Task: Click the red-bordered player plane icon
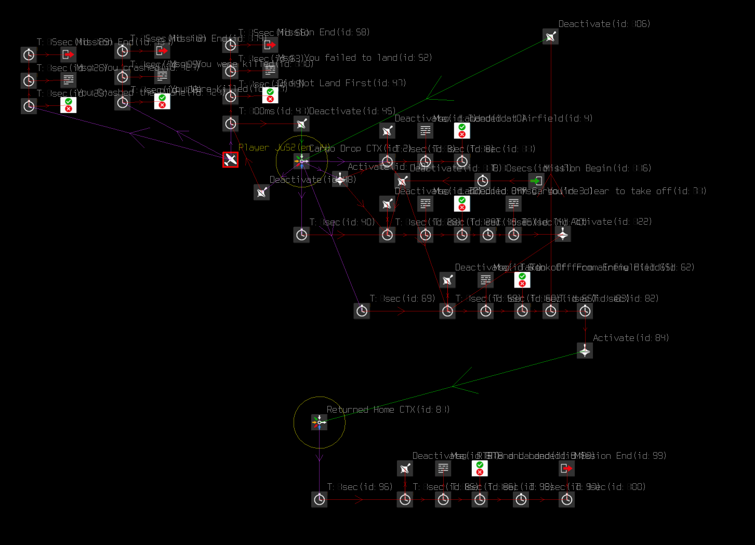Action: (x=230, y=159)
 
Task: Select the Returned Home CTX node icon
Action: (x=319, y=423)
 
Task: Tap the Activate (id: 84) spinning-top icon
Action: (x=585, y=351)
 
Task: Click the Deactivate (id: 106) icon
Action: (x=550, y=36)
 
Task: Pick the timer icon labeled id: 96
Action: (x=319, y=499)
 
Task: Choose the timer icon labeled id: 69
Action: (x=362, y=311)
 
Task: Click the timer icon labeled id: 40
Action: (x=301, y=235)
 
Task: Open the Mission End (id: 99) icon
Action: (x=566, y=468)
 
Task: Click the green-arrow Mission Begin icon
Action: (x=536, y=181)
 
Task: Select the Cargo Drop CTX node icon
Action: (x=301, y=161)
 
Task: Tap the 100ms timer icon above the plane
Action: (x=230, y=124)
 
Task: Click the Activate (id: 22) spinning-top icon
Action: (x=563, y=234)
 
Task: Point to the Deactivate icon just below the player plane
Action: (x=261, y=192)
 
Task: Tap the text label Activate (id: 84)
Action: (x=630, y=338)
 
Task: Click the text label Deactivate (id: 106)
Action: (x=604, y=24)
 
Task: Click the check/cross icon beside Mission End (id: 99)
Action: (x=480, y=468)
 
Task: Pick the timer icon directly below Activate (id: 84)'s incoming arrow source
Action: (x=585, y=311)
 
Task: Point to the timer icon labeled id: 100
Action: (x=566, y=499)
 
